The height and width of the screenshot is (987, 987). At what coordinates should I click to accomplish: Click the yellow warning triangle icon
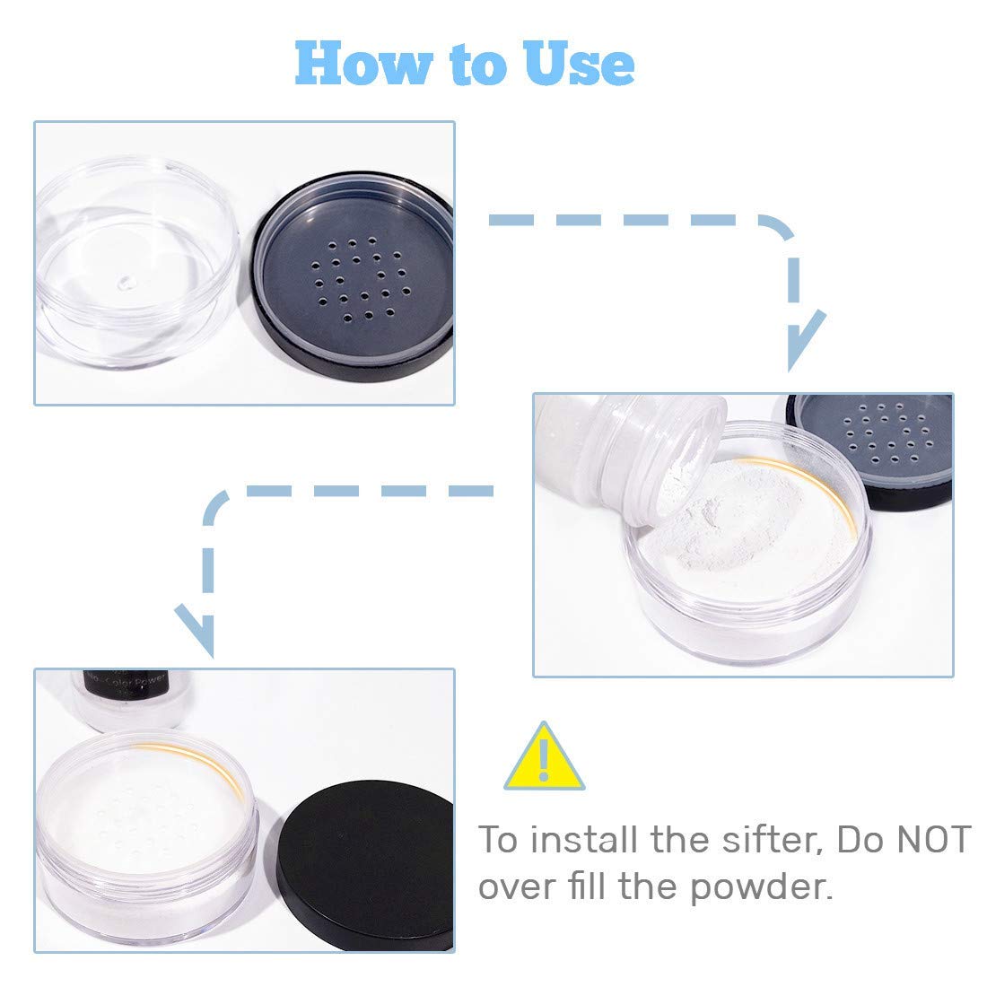point(543,756)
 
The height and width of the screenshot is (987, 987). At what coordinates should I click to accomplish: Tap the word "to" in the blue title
point(465,64)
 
